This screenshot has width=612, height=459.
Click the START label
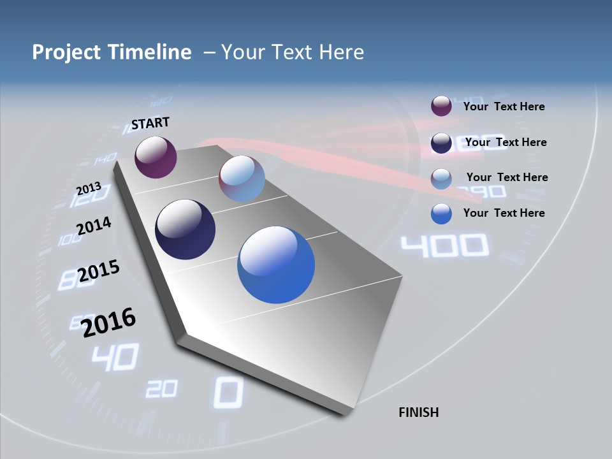click(x=150, y=122)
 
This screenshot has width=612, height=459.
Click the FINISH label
click(x=418, y=412)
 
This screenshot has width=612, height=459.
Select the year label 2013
click(x=89, y=188)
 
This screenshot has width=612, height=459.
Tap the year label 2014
click(x=94, y=226)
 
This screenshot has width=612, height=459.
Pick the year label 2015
click(x=99, y=271)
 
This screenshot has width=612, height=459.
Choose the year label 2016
click(x=109, y=322)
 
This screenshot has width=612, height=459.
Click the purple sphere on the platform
click(x=156, y=157)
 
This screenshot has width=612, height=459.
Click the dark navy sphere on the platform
click(x=185, y=229)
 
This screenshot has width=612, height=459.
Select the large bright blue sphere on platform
click(x=276, y=265)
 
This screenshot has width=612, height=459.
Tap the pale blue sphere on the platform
click(x=242, y=178)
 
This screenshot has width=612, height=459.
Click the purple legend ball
click(x=441, y=106)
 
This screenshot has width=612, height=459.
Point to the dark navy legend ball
click(x=441, y=142)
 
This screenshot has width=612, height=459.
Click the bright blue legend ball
click(x=441, y=213)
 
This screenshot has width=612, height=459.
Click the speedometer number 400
click(x=444, y=246)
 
